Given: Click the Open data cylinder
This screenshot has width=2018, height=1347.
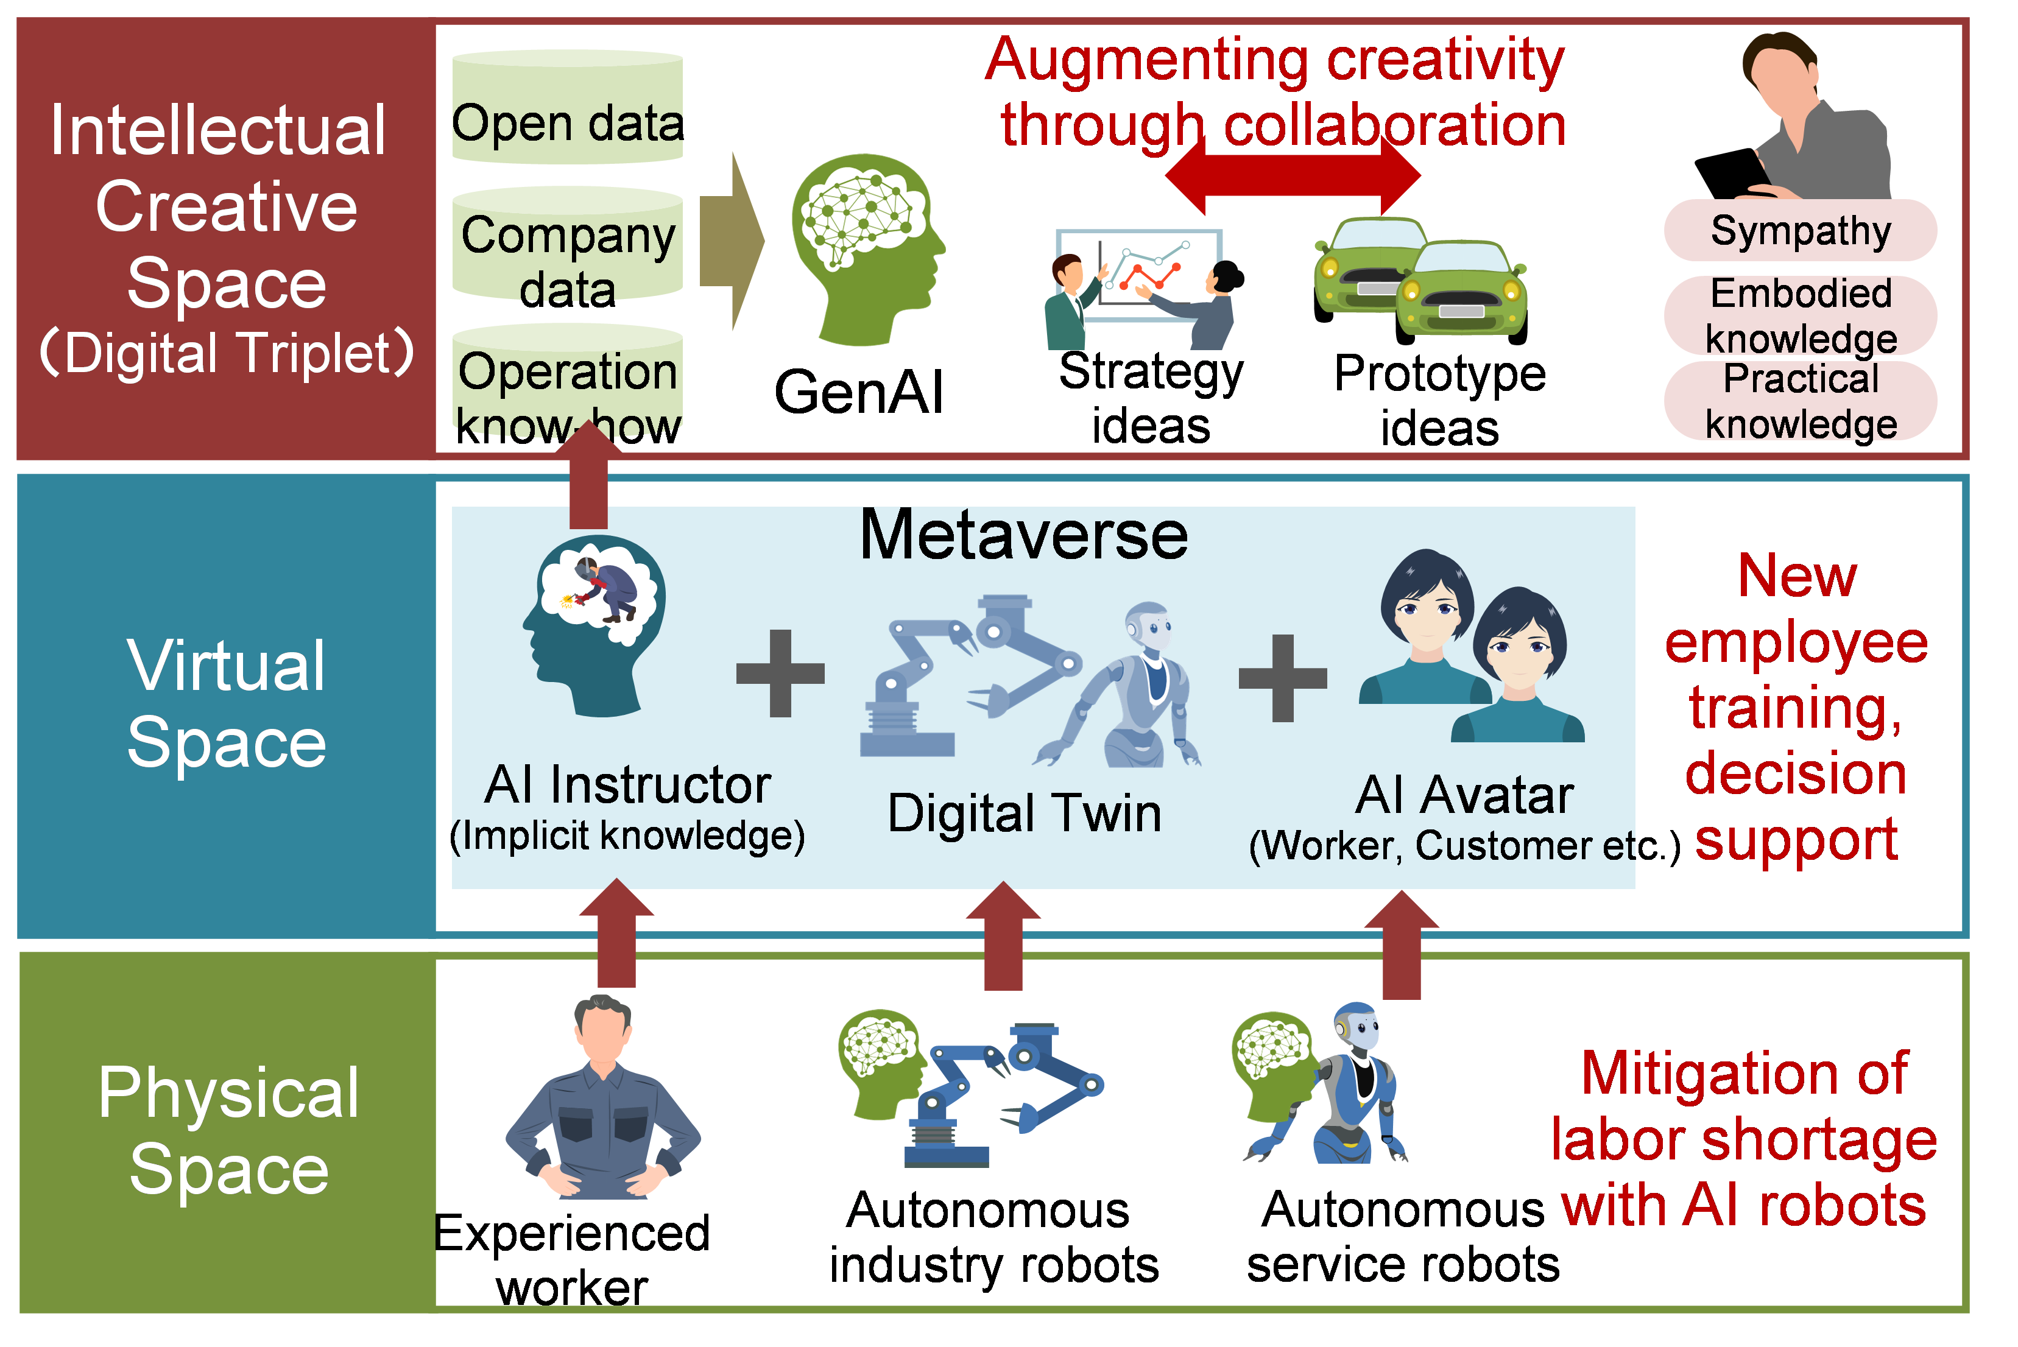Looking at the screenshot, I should click(x=567, y=107).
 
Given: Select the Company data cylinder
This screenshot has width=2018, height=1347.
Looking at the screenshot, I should click(x=567, y=245).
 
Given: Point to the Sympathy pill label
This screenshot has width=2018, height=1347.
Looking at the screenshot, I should click(x=1800, y=230).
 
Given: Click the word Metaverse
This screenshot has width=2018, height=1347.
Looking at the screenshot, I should click(x=1024, y=535).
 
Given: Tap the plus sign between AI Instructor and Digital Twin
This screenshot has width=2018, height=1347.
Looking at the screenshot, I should click(x=780, y=673).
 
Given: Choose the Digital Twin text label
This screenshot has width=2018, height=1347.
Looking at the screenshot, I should click(x=1024, y=813).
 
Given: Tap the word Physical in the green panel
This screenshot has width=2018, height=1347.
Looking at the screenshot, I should click(x=228, y=1092).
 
